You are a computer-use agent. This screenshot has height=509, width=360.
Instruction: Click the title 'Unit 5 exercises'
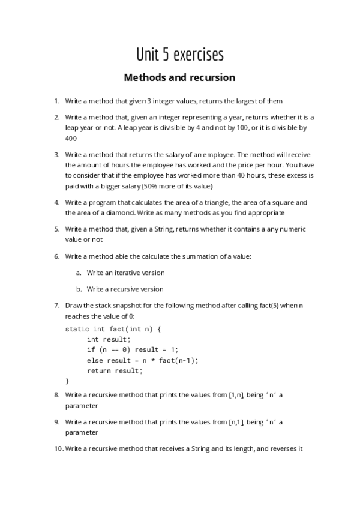pyautogui.click(x=179, y=55)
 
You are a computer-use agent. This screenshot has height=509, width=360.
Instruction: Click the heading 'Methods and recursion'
pyautogui.click(x=179, y=78)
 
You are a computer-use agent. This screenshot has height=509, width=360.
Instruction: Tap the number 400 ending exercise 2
pyautogui.click(x=71, y=139)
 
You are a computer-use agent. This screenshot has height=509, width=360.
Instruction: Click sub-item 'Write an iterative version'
pyautogui.click(x=125, y=273)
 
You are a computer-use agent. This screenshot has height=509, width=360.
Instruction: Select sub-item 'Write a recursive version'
pyautogui.click(x=125, y=289)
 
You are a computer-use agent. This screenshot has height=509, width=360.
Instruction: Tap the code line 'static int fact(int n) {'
pyautogui.click(x=113, y=329)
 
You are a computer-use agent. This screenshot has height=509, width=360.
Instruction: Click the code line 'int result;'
pyautogui.click(x=109, y=339)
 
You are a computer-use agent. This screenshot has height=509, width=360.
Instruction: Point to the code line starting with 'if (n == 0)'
pyautogui.click(x=133, y=349)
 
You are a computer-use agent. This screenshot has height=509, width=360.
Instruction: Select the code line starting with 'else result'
pyautogui.click(x=142, y=360)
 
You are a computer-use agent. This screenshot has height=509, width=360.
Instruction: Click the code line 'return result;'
pyautogui.click(x=115, y=370)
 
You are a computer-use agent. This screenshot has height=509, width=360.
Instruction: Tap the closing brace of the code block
pyautogui.click(x=67, y=381)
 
